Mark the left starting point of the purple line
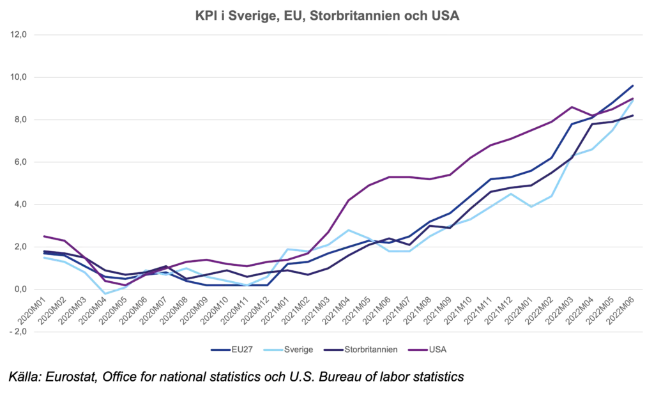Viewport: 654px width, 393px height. [x=42, y=235]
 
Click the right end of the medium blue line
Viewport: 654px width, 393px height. [x=634, y=85]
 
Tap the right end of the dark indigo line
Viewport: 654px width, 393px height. [x=634, y=117]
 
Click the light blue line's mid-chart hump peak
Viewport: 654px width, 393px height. [x=347, y=228]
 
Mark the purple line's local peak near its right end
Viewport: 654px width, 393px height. [x=570, y=106]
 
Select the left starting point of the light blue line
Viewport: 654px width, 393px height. [x=42, y=257]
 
